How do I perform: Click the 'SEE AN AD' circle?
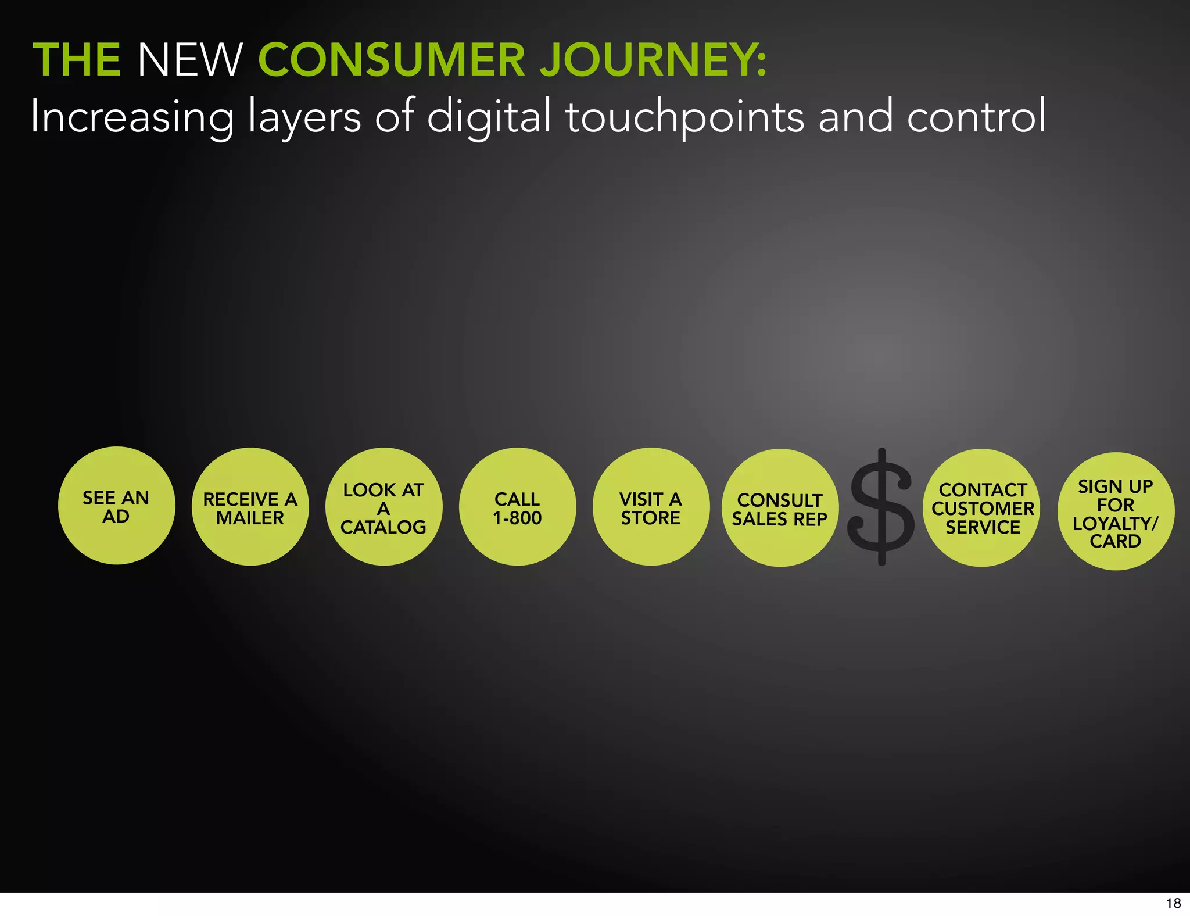tap(116, 506)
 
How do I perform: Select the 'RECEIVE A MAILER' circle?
tap(250, 507)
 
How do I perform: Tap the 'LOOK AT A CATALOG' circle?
tap(383, 507)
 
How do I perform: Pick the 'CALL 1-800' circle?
tap(517, 507)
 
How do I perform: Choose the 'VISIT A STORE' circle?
tap(651, 507)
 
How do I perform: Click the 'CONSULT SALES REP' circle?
tap(780, 508)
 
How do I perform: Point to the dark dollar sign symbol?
tap(881, 507)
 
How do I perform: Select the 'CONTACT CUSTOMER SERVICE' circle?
tap(982, 508)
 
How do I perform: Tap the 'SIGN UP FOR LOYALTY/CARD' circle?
tap(1116, 511)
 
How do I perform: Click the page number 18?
tap(1173, 903)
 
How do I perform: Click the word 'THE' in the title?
tap(77, 60)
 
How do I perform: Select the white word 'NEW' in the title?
tap(189, 60)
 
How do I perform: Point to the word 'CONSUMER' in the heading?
tap(391, 60)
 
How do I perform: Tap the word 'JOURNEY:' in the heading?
tap(653, 60)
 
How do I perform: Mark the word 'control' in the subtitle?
tap(976, 116)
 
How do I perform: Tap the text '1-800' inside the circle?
tap(517, 517)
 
